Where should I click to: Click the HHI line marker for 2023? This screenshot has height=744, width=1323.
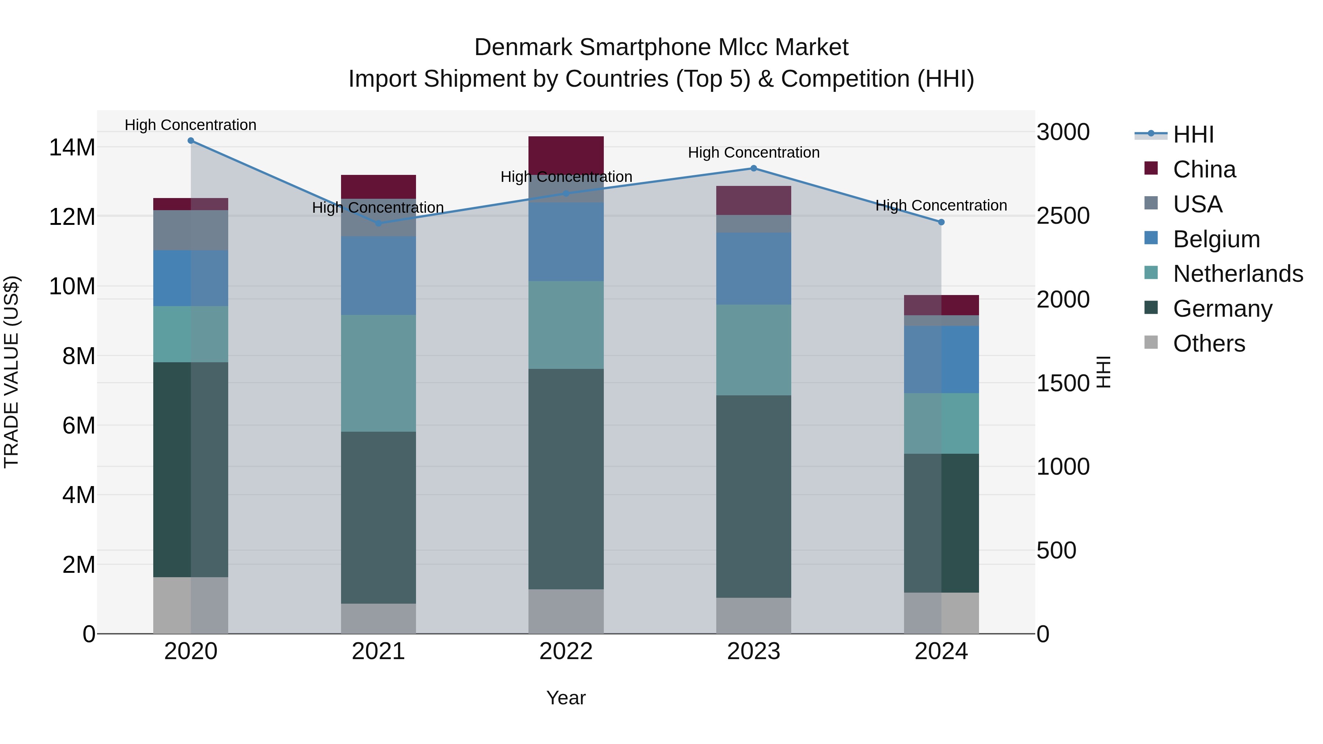(x=753, y=168)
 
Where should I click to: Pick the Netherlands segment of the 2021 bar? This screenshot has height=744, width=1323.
(x=379, y=373)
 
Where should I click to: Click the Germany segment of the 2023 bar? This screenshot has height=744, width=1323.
(x=753, y=496)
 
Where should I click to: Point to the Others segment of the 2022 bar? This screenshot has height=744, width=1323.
(x=566, y=611)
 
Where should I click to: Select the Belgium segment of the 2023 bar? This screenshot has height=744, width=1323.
(x=753, y=269)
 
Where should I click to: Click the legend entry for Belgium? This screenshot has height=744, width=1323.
(x=1216, y=239)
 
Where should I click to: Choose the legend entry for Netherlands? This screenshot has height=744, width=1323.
(x=1237, y=274)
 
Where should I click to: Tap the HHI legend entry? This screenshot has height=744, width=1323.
(x=1193, y=134)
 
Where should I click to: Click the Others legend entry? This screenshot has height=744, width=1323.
(x=1208, y=344)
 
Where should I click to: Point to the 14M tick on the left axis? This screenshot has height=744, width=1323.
(x=72, y=147)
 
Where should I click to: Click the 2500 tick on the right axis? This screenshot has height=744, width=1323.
(x=1062, y=216)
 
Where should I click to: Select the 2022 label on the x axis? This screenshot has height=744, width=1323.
(x=566, y=651)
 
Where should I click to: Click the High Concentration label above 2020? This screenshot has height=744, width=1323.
(x=190, y=125)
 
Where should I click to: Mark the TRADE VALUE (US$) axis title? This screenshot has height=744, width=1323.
(x=11, y=372)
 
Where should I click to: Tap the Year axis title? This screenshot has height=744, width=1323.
(x=566, y=698)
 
